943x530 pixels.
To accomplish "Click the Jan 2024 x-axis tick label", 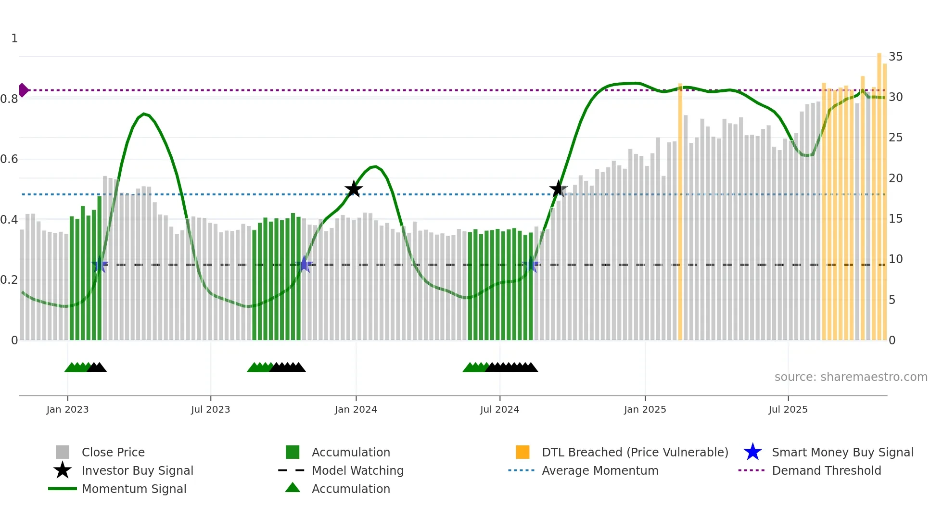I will click(356, 409).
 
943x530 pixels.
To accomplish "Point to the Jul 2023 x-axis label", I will click(210, 409).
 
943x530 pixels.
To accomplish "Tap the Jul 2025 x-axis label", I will click(788, 409).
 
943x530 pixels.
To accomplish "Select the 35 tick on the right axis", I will click(895, 57).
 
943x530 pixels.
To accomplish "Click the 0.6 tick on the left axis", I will click(9, 159).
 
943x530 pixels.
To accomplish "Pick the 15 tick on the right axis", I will click(895, 219).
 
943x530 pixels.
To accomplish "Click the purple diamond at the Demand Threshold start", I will click(23, 90).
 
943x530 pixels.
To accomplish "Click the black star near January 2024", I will click(354, 189).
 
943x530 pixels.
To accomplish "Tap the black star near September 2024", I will click(558, 189).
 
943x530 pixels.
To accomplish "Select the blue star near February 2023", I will click(100, 265).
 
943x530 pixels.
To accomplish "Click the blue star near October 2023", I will click(304, 265).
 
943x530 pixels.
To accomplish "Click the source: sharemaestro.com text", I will click(851, 377).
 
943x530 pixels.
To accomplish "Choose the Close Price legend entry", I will click(113, 452).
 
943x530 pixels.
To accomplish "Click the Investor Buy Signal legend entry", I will click(137, 470).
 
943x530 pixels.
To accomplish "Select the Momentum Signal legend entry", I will click(134, 489).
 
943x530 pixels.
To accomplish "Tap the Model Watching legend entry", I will click(357, 470).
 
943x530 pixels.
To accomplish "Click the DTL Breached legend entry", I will click(635, 452).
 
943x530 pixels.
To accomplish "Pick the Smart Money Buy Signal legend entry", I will click(842, 452).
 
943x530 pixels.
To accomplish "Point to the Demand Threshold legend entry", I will click(826, 470).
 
